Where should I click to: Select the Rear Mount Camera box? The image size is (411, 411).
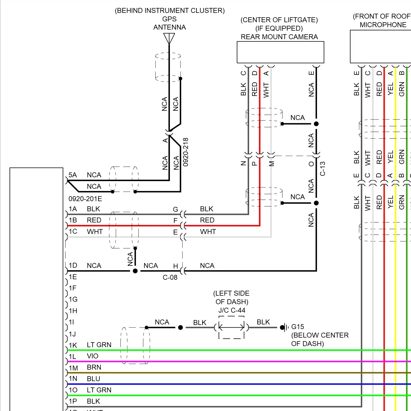point(280,52)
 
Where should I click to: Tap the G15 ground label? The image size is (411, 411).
point(298,327)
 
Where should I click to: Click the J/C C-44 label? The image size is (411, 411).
point(232,310)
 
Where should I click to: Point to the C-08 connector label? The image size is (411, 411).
point(170,277)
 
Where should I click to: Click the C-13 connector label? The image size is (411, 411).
point(322,169)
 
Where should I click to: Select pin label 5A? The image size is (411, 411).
point(73,175)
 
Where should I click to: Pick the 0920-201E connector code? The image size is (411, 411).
point(85,199)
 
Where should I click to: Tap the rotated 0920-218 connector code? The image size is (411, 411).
point(185,152)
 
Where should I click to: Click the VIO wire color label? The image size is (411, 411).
point(92,356)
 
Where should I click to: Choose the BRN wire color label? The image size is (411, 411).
point(94,367)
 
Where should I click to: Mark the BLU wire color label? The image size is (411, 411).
point(93,379)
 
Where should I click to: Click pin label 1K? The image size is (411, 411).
point(73,345)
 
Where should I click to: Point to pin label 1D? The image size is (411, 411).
point(73,265)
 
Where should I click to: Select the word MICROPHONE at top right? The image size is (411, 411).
point(383,25)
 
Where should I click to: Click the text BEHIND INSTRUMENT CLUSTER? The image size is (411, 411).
point(170,10)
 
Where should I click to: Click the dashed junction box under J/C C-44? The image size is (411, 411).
point(232,327)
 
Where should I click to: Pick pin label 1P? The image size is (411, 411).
point(73,401)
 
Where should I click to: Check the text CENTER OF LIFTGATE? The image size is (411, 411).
point(279,20)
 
